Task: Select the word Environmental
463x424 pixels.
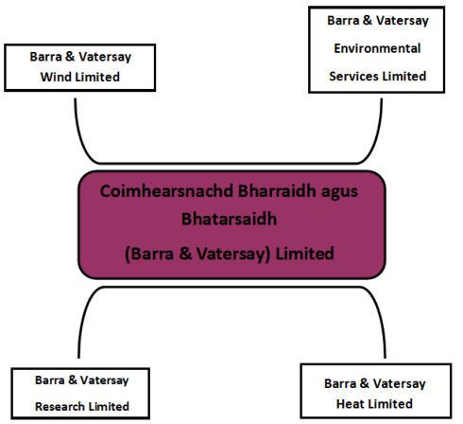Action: tap(377, 48)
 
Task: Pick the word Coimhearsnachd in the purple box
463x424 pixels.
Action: tap(166, 191)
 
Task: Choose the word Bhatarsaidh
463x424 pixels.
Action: tap(229, 219)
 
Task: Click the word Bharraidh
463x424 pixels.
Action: tap(277, 191)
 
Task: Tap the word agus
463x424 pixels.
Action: tap(339, 193)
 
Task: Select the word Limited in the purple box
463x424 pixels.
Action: tap(304, 254)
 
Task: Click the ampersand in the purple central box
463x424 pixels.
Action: tap(185, 254)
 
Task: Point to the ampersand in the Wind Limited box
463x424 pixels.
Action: tap(70, 57)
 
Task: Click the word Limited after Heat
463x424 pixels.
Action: tap(388, 404)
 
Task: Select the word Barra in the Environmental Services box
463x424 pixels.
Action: tap(343, 21)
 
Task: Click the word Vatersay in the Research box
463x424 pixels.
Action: tap(104, 380)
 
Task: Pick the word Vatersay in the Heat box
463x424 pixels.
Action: tap(399, 384)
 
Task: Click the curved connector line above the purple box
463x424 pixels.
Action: tap(229, 163)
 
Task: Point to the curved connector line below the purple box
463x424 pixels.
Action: tap(231, 287)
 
